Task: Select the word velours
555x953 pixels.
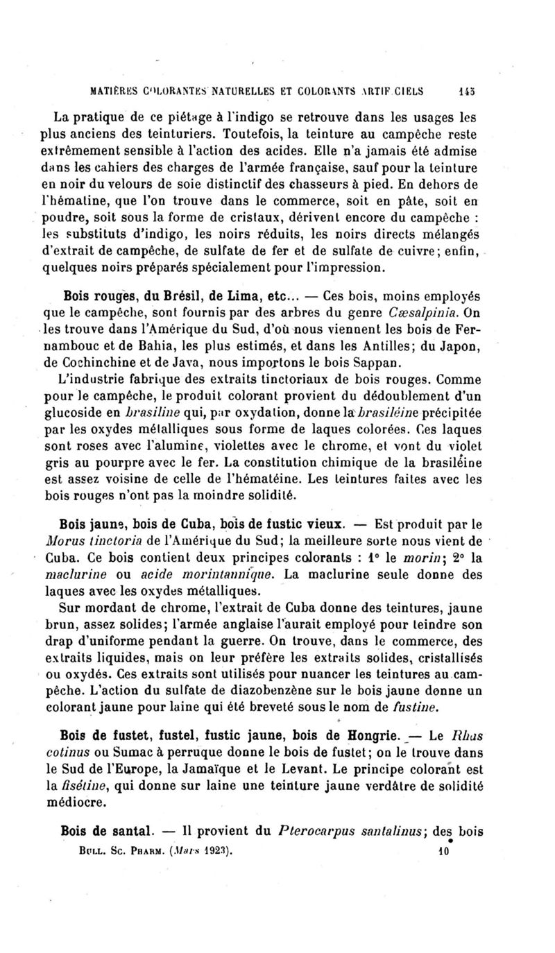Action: tap(146, 184)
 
